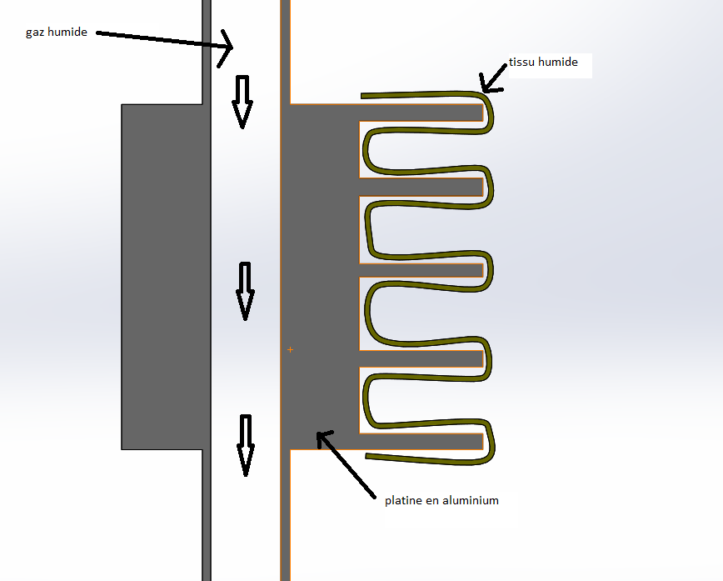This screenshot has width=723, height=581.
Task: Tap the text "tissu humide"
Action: pos(542,63)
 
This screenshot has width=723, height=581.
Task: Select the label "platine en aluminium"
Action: pos(441,500)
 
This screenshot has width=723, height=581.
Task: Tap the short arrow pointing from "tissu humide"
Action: pos(494,77)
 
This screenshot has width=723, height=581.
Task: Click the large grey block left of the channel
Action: pos(162,275)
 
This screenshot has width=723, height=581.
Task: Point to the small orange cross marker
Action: pos(289,349)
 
